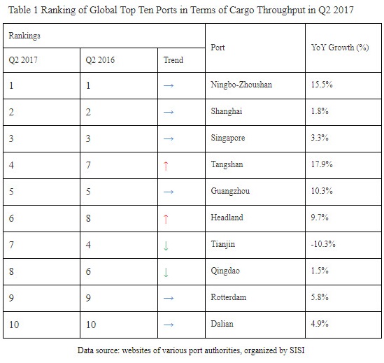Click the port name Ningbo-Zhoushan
point(241,85)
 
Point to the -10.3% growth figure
point(323,244)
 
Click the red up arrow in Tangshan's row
point(166,165)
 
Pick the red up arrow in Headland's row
point(166,218)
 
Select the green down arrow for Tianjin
point(166,245)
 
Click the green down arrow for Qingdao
point(166,271)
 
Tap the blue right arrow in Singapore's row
point(167,138)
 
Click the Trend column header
point(173,60)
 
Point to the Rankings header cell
point(24,34)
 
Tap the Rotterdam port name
point(228,297)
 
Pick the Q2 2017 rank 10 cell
point(14,324)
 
